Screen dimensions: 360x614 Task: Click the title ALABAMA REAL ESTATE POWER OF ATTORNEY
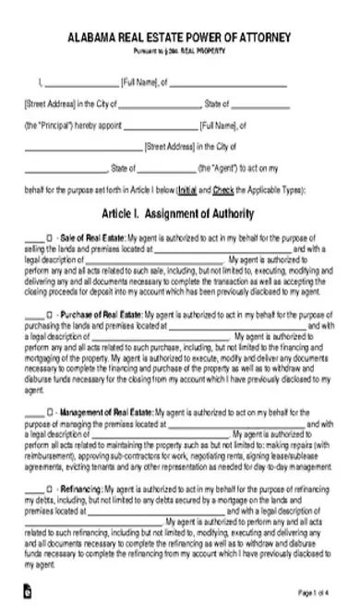[180, 37]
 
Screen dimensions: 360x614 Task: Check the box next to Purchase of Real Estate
[49, 315]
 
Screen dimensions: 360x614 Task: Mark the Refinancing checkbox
[49, 486]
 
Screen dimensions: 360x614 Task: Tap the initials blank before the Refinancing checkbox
[31, 487]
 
